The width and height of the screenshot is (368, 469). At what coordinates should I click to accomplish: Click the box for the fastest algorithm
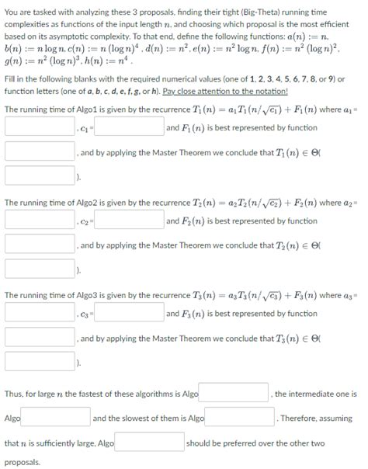click(x=234, y=394)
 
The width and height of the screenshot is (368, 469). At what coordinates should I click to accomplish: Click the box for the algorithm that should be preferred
click(x=151, y=443)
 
